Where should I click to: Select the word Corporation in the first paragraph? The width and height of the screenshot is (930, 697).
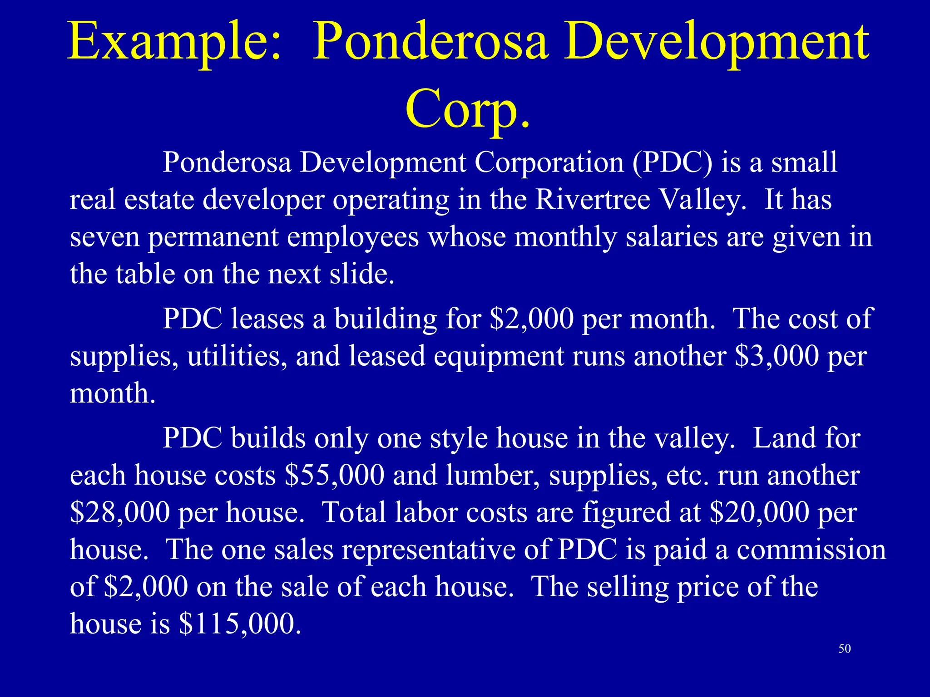pyautogui.click(x=549, y=162)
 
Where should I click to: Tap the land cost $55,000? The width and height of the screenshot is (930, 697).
pyautogui.click(x=335, y=476)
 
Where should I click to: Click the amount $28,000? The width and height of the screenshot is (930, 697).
pyautogui.click(x=120, y=513)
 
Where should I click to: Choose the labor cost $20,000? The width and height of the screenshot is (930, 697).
pyautogui.click(x=759, y=513)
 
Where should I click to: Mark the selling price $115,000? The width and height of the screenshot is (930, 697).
pyautogui.click(x=240, y=624)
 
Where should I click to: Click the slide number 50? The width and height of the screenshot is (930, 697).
pyautogui.click(x=845, y=649)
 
